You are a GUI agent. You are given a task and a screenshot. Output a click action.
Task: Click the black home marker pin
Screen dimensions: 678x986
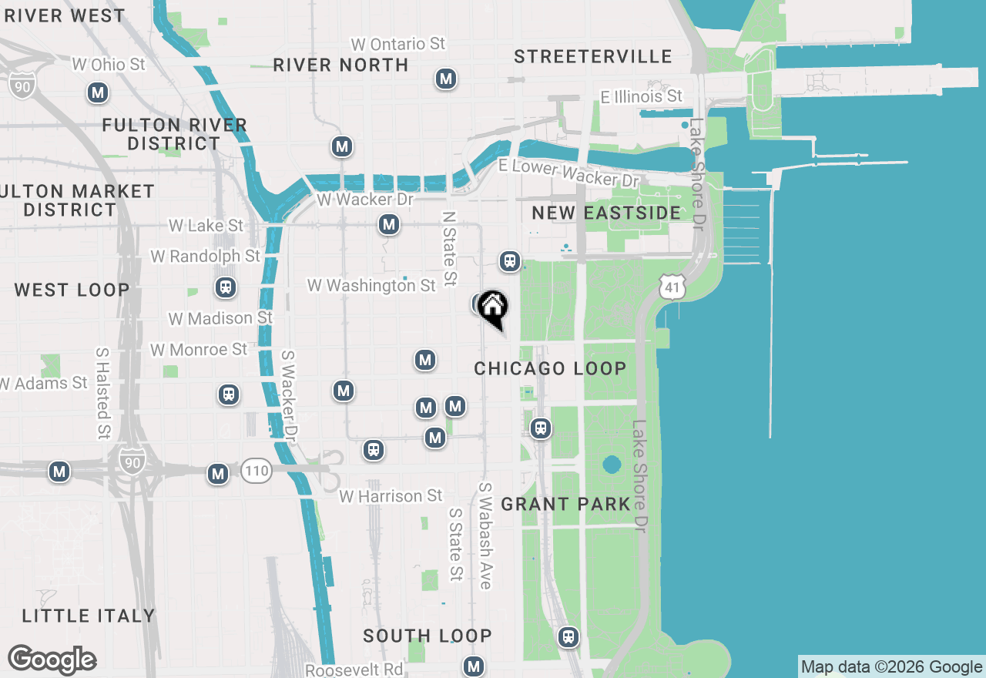(492, 309)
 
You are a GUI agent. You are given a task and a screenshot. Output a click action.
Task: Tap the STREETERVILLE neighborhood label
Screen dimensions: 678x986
(592, 56)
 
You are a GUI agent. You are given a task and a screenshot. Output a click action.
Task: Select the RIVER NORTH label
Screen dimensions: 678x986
(340, 65)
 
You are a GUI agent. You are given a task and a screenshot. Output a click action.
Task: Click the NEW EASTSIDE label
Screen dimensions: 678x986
(606, 213)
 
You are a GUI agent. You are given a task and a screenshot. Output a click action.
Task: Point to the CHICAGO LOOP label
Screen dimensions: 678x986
(550, 368)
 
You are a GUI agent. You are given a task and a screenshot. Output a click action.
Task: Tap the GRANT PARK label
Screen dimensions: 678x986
(565, 504)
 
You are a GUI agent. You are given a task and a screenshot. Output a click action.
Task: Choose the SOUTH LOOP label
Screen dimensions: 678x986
(427, 636)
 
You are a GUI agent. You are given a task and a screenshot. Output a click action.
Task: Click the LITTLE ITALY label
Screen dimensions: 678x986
(89, 616)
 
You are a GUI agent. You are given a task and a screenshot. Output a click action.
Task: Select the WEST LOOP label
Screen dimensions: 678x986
(72, 290)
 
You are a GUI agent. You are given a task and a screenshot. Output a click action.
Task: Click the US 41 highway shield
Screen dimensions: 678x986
(672, 287)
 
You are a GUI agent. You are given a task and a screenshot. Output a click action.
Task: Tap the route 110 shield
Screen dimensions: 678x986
(257, 470)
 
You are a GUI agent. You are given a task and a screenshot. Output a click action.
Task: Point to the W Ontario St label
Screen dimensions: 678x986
(397, 44)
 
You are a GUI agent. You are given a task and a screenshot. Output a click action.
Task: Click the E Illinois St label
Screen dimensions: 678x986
(642, 96)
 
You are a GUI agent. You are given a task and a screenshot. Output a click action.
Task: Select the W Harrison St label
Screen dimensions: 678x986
(391, 496)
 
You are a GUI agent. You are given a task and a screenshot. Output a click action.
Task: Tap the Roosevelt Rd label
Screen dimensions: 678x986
(354, 670)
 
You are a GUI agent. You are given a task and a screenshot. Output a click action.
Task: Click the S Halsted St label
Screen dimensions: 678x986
(102, 393)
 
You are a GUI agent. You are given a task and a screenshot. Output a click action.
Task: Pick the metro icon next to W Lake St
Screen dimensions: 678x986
(389, 225)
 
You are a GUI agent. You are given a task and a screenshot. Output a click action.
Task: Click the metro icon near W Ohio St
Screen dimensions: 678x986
(98, 93)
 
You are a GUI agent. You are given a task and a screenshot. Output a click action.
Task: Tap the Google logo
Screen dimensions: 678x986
(52, 660)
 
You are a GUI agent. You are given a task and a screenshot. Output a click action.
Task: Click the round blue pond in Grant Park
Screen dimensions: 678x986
(612, 465)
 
